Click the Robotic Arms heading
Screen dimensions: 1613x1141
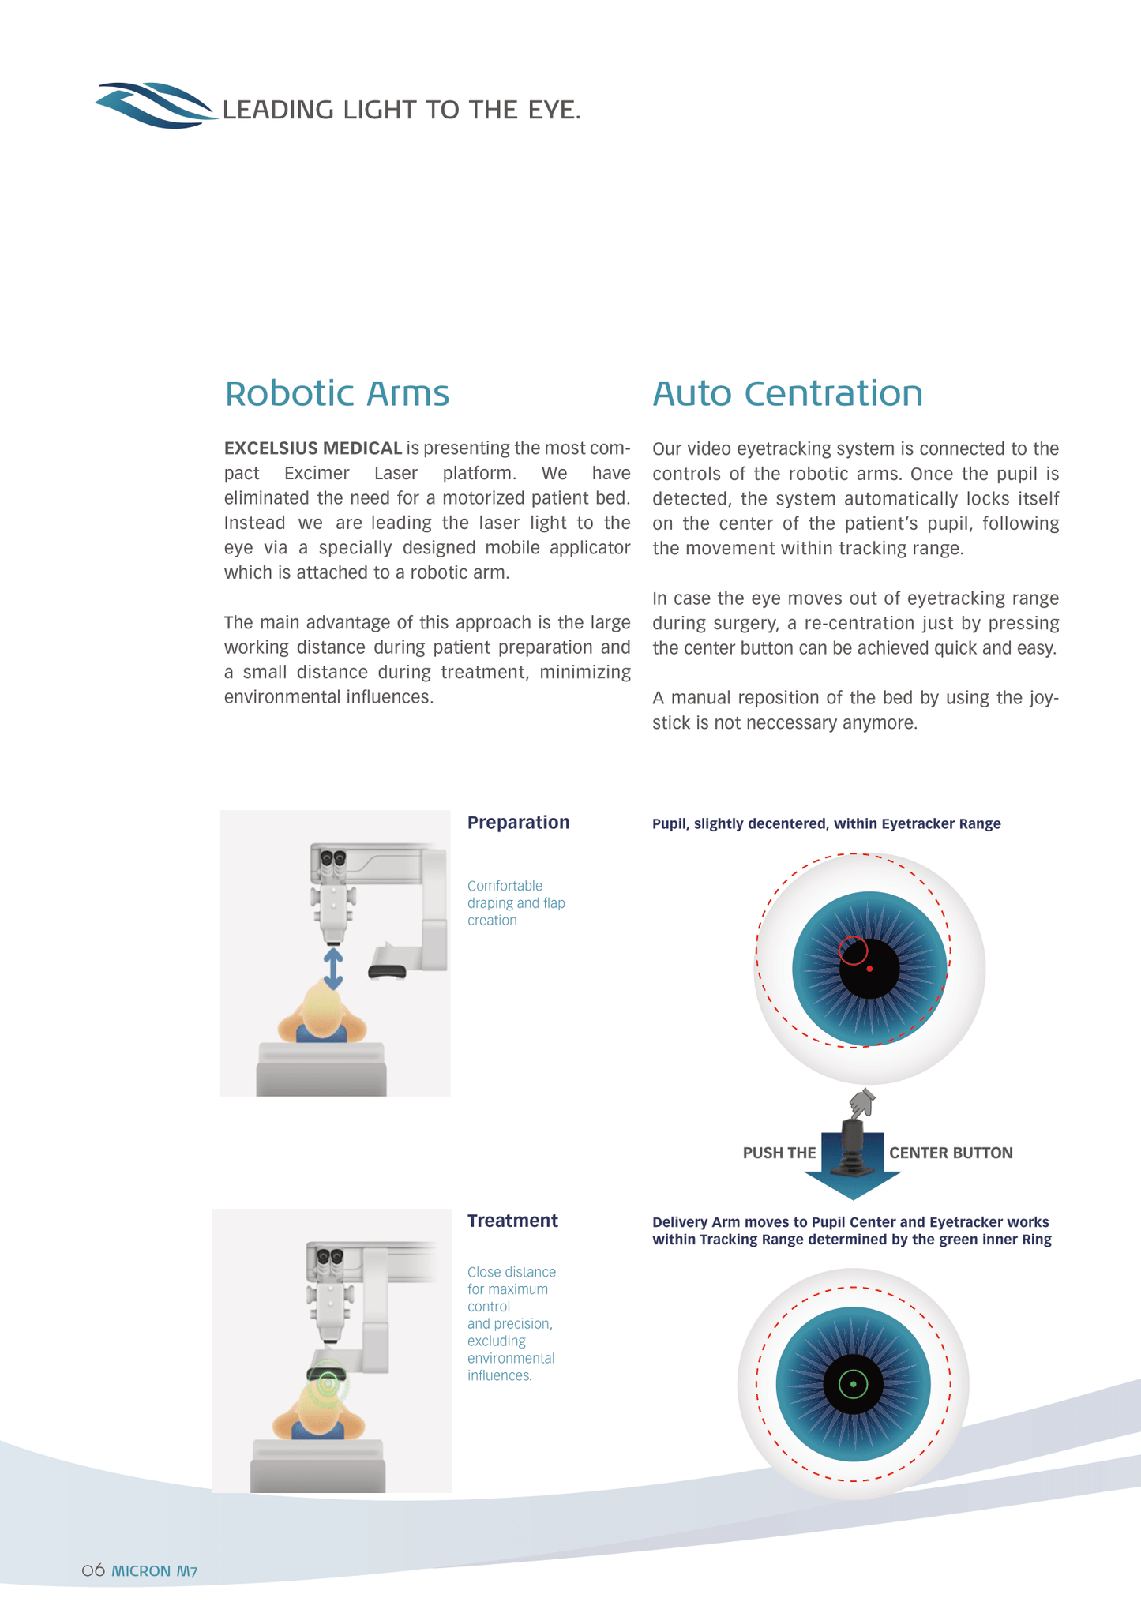coord(336,393)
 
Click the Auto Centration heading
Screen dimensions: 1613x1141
coord(787,393)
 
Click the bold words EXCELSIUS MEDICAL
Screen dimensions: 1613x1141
coord(313,448)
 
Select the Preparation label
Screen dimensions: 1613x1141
coord(518,823)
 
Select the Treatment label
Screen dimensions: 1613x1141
coord(512,1221)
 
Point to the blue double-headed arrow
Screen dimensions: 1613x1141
coord(333,969)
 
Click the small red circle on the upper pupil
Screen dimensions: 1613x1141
coord(853,950)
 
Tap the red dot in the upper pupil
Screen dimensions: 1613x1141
coord(869,969)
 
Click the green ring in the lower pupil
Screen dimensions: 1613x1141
coord(853,1384)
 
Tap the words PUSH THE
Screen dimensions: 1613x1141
coord(779,1153)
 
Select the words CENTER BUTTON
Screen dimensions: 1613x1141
coord(951,1153)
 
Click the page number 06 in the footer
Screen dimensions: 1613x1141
coord(93,1570)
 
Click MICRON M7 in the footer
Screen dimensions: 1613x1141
coord(155,1571)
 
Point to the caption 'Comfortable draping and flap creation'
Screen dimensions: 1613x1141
coord(516,902)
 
